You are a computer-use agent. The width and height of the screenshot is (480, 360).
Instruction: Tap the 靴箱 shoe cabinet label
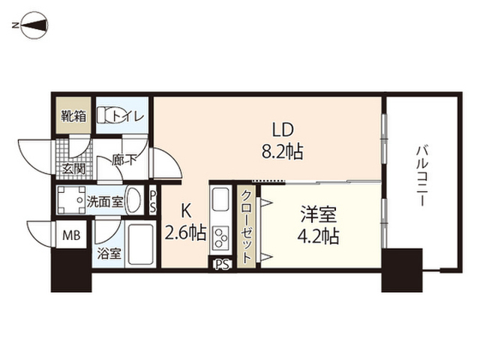(73, 116)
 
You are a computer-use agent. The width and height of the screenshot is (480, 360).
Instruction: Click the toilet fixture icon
(106, 115)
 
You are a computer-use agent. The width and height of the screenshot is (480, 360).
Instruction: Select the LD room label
(283, 130)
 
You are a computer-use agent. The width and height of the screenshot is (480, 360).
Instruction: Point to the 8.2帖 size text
(282, 151)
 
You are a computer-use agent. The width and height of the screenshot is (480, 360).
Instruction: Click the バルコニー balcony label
(422, 176)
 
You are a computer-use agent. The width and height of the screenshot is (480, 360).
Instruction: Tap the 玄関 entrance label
(73, 169)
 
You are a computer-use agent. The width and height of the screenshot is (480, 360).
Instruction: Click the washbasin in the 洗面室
(134, 200)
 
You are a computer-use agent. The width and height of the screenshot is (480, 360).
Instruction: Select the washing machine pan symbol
(71, 200)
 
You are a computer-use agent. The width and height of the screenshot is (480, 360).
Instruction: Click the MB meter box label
(71, 235)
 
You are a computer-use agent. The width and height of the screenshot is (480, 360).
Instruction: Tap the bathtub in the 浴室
(140, 245)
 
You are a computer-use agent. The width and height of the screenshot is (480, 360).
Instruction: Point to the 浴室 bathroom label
(109, 253)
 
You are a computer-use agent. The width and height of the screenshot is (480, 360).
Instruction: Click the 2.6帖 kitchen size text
(185, 233)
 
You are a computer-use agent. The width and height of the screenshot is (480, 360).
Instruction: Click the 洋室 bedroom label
(318, 214)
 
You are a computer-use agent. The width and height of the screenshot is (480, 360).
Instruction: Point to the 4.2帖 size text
(318, 237)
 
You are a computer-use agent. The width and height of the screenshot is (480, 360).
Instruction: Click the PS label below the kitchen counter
(223, 264)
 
